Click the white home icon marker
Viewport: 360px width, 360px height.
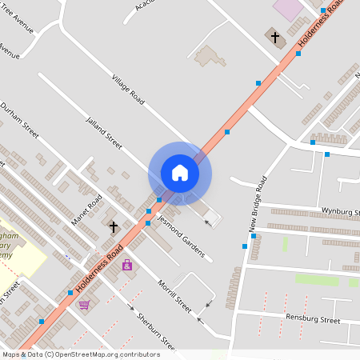click(180, 172)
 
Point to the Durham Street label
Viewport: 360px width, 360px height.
click(20, 120)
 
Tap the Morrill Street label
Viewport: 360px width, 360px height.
click(174, 294)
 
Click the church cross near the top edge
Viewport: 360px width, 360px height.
click(275, 37)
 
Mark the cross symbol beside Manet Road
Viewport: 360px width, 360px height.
click(114, 227)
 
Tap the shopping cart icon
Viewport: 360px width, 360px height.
click(84, 305)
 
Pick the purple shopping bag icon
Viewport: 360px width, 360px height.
click(126, 265)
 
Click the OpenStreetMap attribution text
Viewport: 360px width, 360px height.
click(81, 354)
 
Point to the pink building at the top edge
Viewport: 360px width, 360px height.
click(288, 8)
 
